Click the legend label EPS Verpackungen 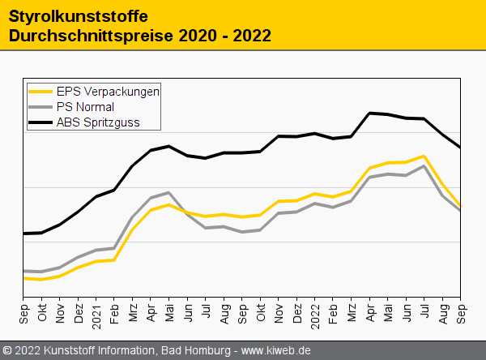107,91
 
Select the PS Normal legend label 85,107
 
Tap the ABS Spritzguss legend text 97,123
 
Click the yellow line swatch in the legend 40,91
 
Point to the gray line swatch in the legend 40,107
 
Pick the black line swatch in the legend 40,123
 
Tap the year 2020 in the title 199,36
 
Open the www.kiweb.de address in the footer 276,350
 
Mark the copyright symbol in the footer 8,350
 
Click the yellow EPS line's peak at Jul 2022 424,156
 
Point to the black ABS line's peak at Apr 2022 370,113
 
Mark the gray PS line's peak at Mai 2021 168,192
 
